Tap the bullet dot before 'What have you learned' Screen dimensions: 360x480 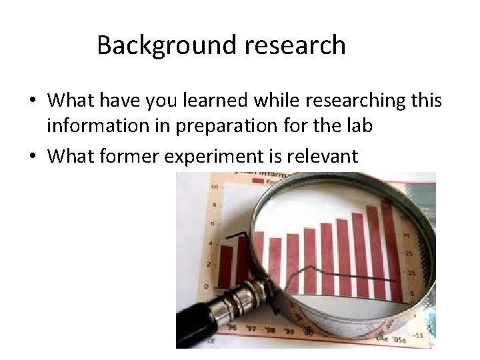click(x=31, y=101)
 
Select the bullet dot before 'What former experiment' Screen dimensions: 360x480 click(x=31, y=157)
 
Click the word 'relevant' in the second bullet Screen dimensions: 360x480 click(x=326, y=156)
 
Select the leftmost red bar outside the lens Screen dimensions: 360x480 click(x=226, y=265)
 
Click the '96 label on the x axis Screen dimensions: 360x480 click(x=231, y=327)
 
